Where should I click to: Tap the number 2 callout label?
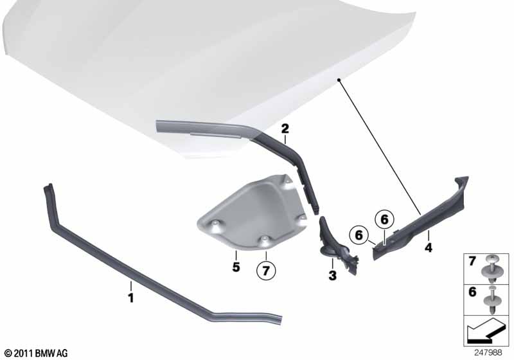pos(284,130)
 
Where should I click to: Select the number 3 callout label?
pos(332,276)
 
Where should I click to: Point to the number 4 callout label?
pos(428,245)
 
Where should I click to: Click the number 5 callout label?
pos(236,265)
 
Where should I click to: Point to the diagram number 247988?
pos(491,352)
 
